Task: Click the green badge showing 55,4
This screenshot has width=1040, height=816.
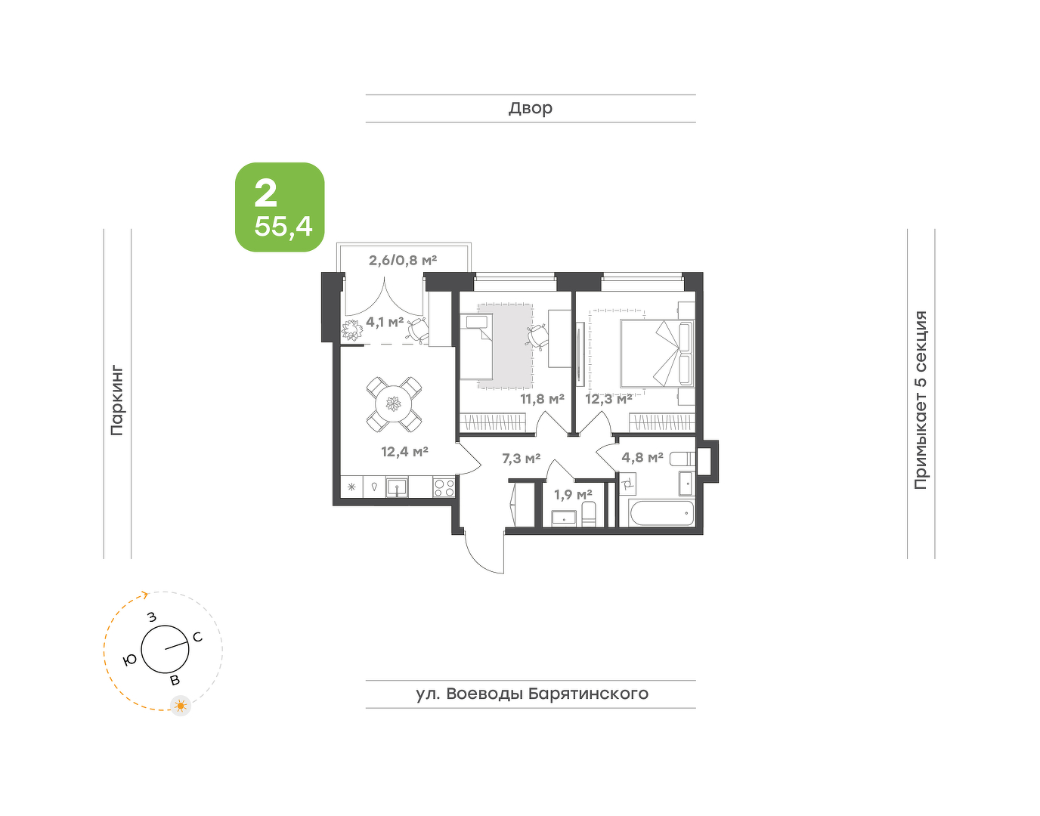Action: tap(280, 207)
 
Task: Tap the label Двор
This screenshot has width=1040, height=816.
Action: tap(531, 108)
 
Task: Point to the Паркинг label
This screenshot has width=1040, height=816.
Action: tap(117, 401)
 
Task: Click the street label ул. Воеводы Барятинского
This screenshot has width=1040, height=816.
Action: tap(532, 694)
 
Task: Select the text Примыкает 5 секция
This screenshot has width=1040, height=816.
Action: tap(921, 400)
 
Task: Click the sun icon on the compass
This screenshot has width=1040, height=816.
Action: tap(181, 706)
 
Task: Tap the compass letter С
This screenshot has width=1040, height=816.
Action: tap(197, 637)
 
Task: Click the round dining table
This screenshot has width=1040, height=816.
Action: tap(394, 403)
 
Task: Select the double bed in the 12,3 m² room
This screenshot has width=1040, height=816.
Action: tap(658, 354)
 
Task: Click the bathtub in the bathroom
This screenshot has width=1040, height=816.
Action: tap(663, 513)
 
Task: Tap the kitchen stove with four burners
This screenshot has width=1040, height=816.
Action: tap(444, 487)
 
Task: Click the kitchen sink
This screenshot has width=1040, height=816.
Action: tap(397, 487)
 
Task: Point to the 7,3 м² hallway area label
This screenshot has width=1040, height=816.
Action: tap(522, 459)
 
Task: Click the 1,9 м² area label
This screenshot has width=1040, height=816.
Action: tap(573, 494)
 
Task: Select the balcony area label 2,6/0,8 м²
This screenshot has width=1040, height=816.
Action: tap(403, 260)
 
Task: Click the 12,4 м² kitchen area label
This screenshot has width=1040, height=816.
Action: tap(404, 451)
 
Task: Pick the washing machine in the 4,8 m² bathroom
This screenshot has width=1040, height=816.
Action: tap(628, 484)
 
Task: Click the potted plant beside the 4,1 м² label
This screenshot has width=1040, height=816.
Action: tap(353, 330)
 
